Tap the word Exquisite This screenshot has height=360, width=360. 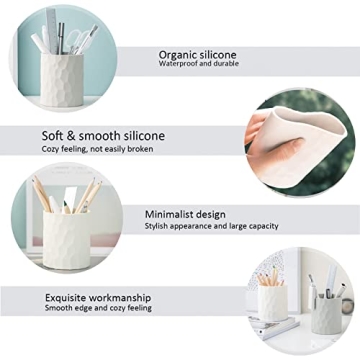pos(68,298)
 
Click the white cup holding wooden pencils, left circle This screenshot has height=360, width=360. pos(69,240)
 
